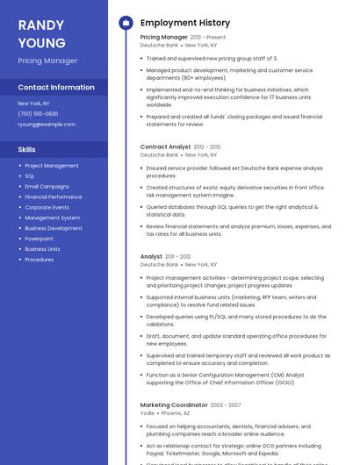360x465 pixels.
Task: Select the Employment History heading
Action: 184,23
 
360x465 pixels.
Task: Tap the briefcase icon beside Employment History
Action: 125,23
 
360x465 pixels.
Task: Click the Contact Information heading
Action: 56,87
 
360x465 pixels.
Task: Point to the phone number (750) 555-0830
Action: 38,113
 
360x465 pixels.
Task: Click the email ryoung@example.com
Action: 47,124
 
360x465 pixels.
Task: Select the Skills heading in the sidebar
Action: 26,149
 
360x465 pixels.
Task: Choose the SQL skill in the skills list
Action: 30,175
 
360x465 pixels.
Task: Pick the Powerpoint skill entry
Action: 39,239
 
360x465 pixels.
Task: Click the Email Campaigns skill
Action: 47,186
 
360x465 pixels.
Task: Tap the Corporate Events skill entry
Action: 48,207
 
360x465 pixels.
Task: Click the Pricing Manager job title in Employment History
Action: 163,38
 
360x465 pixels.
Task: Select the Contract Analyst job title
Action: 165,147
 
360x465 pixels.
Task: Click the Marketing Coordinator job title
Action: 174,404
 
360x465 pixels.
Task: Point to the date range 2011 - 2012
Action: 177,257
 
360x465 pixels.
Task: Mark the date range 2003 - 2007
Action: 224,405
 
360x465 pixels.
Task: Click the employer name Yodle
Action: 147,412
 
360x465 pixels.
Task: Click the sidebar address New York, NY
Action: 33,104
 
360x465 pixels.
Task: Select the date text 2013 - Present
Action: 208,38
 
